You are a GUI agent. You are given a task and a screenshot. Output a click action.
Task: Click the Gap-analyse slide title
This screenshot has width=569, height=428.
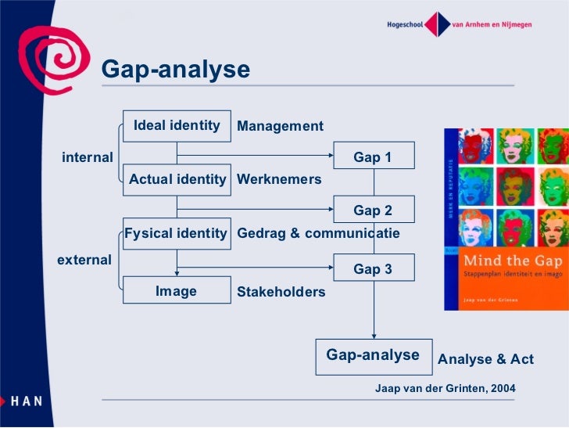(176, 70)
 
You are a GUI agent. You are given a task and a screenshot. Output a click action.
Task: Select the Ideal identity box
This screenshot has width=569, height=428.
(177, 126)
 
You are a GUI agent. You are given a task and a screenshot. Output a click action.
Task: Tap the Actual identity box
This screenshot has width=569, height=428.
(177, 179)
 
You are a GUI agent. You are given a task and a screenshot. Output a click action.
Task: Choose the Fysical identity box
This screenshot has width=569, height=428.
(177, 233)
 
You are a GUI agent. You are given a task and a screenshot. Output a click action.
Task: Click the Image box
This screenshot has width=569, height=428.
(177, 291)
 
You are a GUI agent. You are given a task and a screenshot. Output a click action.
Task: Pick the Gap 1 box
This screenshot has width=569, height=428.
(373, 157)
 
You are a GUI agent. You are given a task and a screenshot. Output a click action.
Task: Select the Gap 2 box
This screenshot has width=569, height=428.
(373, 210)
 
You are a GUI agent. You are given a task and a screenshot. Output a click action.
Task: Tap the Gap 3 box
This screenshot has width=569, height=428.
(373, 269)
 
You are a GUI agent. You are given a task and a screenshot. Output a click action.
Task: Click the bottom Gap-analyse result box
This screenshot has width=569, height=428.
(373, 355)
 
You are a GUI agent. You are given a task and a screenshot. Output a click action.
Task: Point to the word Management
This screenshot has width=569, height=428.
(280, 126)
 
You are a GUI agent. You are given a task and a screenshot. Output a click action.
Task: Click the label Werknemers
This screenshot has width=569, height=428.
(279, 179)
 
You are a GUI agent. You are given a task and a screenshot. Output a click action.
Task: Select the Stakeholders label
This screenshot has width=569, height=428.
(281, 292)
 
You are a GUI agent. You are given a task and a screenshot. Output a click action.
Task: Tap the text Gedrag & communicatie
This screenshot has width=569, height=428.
(318, 233)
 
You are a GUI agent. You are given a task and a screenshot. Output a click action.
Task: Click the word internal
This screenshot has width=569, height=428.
(88, 157)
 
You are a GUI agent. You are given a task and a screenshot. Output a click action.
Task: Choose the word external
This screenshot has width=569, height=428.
(84, 260)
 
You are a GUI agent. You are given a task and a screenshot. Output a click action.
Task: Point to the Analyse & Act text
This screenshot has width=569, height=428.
(485, 359)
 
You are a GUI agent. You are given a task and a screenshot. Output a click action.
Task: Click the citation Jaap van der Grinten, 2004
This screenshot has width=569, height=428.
(446, 388)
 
